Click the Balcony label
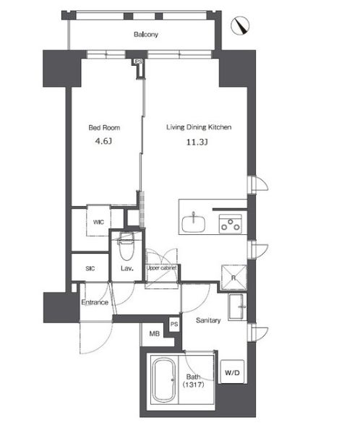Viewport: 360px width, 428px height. [x=146, y=35]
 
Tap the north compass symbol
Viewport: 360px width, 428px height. [x=240, y=25]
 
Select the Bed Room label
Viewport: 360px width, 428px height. [x=104, y=127]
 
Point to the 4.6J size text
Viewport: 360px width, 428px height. [x=103, y=141]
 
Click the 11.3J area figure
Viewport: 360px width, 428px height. [x=197, y=142]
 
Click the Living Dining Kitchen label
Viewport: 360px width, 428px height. [x=199, y=127]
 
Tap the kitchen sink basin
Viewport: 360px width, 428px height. [x=194, y=223]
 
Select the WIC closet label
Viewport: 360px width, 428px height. [x=98, y=222]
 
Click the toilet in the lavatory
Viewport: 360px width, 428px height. [x=127, y=247]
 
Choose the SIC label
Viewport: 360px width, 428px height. [x=90, y=269]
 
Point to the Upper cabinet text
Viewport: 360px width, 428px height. [x=162, y=268]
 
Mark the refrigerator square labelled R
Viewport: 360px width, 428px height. [x=233, y=278]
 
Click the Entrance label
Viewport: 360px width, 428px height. [x=95, y=302]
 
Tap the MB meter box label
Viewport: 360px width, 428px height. [x=155, y=333]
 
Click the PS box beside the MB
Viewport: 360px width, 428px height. [x=174, y=325]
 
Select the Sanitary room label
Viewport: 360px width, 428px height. [x=208, y=320]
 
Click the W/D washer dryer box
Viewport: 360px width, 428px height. [x=232, y=372]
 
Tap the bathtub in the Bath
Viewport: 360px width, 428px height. [x=163, y=380]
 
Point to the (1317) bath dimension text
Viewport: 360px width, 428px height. [x=193, y=385]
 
